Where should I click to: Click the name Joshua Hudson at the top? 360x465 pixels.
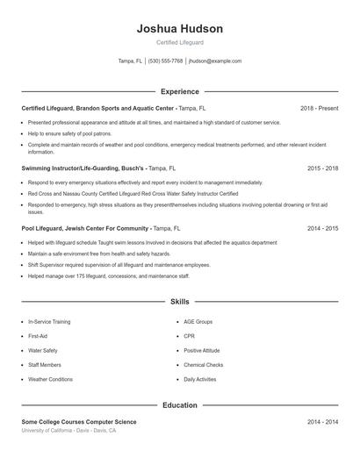[180, 29]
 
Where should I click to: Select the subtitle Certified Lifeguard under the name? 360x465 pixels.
[180, 43]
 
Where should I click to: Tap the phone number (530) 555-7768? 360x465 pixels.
[165, 61]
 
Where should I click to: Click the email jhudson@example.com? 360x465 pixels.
[215, 61]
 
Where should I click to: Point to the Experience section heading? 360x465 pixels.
[180, 91]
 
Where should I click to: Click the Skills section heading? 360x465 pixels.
[180, 301]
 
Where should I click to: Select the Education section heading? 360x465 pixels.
[180, 405]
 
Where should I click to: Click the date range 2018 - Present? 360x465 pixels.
[319, 108]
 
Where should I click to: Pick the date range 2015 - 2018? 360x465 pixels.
[322, 167]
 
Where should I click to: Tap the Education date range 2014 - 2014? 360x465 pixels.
[322, 422]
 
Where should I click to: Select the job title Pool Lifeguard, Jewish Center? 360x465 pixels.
[85, 227]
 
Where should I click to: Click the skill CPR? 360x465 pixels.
[190, 336]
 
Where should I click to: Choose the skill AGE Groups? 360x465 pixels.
[198, 322]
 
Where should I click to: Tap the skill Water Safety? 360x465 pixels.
[43, 350]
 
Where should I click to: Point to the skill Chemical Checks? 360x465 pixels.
[203, 365]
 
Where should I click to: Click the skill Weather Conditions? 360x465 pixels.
[50, 379]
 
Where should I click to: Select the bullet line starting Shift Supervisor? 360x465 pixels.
[119, 264]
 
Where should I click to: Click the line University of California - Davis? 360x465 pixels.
[68, 431]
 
